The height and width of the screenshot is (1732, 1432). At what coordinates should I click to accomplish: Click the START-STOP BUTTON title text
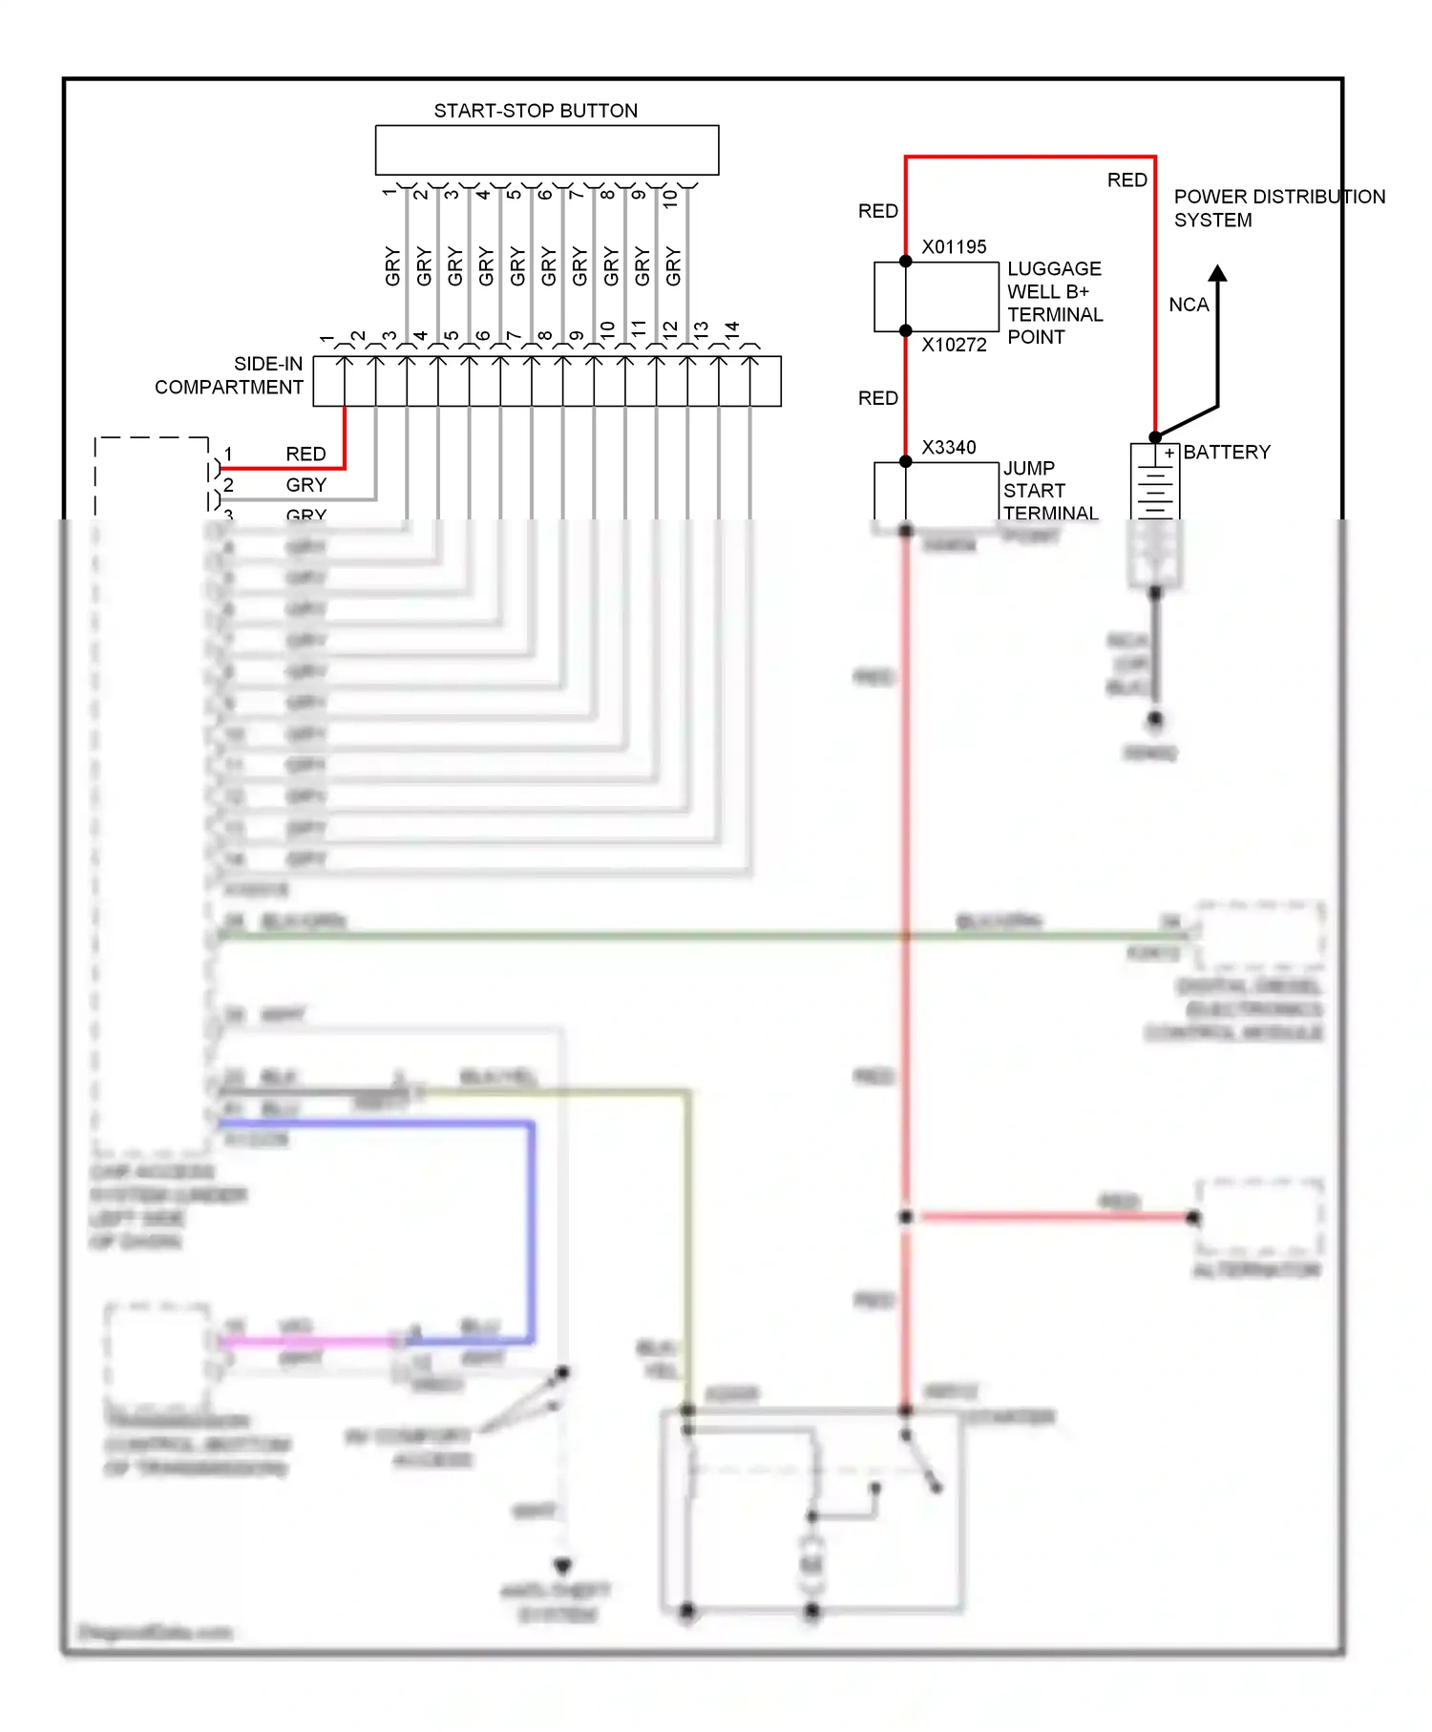point(536,111)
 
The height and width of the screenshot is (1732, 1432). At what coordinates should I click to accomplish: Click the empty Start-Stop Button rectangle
point(546,150)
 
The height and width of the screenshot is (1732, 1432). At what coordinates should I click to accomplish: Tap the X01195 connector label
point(954,246)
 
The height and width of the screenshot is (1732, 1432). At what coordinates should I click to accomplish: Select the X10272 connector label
point(954,345)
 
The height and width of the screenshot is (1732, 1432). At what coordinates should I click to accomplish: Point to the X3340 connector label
point(948,447)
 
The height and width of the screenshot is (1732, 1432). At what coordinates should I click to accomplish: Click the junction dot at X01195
point(905,261)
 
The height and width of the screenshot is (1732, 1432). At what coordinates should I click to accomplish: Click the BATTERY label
point(1227,452)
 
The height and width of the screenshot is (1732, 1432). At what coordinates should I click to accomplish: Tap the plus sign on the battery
point(1169,454)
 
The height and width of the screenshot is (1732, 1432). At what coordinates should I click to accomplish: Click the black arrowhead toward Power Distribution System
point(1217,273)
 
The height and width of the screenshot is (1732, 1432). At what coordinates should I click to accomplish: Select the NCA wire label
point(1189,305)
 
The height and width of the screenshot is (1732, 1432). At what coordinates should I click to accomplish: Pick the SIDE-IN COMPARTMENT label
point(229,375)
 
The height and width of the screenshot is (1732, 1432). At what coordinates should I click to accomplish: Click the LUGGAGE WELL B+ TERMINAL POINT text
point(1054,303)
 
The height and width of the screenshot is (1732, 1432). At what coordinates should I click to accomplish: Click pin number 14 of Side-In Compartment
point(732,328)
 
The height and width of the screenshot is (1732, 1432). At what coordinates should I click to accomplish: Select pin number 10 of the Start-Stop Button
point(670,199)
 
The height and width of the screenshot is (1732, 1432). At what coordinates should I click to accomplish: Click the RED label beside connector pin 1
point(305,454)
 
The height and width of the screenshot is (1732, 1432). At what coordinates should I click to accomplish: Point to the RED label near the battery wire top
point(1127,180)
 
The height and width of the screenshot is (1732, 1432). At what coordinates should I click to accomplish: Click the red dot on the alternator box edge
point(1193,1217)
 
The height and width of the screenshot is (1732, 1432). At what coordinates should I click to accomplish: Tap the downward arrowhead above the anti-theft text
point(562,1567)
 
